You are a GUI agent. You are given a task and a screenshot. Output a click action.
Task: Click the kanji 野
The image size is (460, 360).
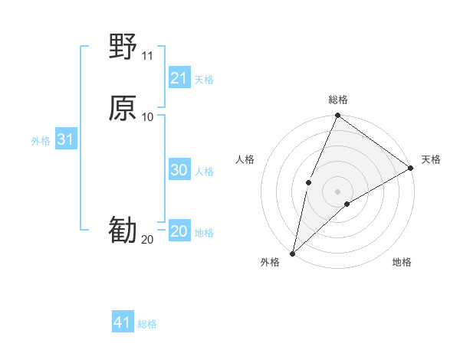(123, 47)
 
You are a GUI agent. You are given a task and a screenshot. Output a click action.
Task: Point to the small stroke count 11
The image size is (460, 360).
(147, 56)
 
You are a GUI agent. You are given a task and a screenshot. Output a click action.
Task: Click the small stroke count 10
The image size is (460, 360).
(147, 116)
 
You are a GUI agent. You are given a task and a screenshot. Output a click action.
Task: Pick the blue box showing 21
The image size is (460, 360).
(179, 78)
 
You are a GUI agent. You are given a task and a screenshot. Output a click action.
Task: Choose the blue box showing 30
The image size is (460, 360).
(179, 170)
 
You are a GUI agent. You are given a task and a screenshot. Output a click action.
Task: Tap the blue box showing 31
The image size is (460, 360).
(65, 140)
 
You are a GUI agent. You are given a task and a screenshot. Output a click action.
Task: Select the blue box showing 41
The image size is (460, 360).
(123, 322)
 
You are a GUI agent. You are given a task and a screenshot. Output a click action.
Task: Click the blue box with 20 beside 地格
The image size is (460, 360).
(179, 231)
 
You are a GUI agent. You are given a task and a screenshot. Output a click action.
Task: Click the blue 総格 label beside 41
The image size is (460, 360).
(147, 324)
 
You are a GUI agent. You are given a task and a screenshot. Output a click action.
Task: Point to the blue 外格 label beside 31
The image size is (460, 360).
(41, 141)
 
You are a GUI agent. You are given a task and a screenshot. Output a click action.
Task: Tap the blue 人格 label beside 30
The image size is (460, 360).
(205, 172)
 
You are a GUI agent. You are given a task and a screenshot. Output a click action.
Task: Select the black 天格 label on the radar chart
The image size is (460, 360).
(431, 159)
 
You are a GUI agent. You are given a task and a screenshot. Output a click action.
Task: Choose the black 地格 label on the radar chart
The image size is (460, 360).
(402, 262)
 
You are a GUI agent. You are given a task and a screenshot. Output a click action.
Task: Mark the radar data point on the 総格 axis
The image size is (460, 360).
(337, 116)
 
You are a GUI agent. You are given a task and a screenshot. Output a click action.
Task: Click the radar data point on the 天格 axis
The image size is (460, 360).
(410, 168)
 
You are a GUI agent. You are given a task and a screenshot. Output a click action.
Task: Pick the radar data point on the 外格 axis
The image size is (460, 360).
(292, 253)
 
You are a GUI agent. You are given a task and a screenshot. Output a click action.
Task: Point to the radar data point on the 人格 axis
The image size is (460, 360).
(308, 182)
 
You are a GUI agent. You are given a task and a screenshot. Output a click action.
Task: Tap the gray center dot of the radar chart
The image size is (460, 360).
(337, 191)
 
